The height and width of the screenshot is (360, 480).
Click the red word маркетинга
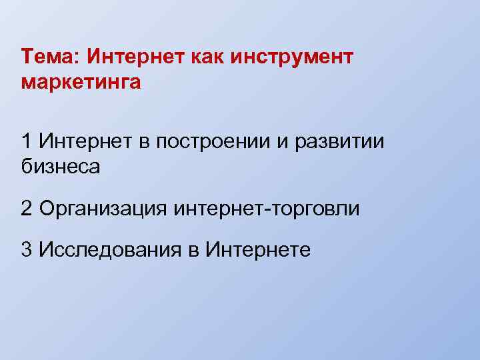point(81,83)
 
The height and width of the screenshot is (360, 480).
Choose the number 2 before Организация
point(26,208)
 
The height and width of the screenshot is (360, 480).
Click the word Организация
point(104,209)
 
